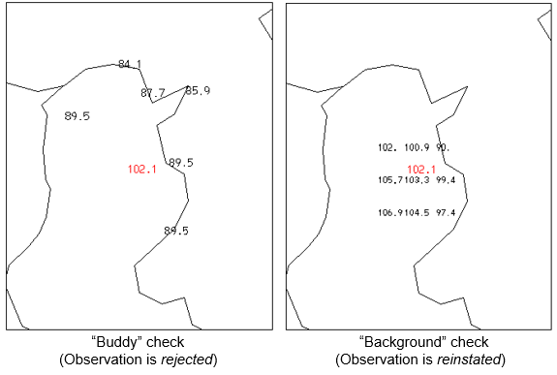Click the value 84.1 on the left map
130,64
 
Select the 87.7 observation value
153,93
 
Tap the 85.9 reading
198,90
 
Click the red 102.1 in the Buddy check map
141,170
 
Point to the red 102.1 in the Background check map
421,169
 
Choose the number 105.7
390,179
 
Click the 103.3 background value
417,179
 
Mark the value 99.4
446,179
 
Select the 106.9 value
390,212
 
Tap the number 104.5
417,212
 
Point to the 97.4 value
446,212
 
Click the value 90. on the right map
443,147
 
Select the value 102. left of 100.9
387,147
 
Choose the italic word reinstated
473,360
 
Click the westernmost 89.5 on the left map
77,116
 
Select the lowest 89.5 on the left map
176,231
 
